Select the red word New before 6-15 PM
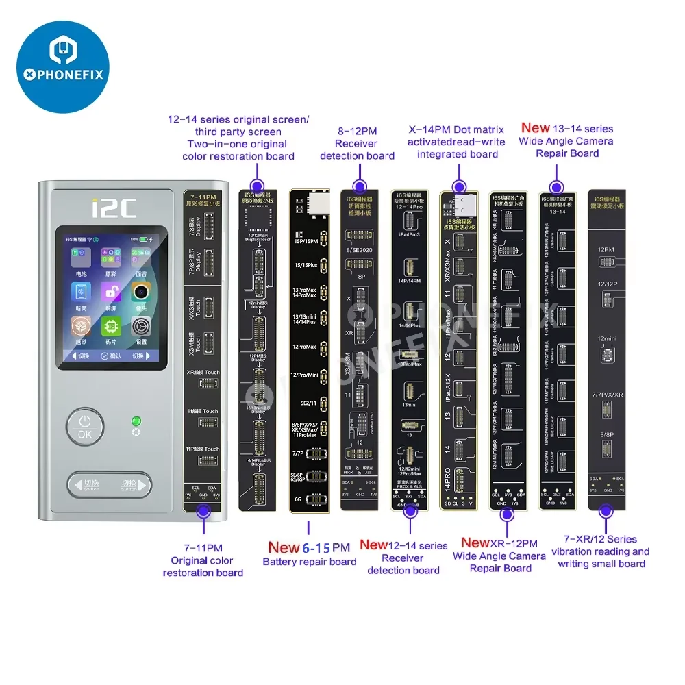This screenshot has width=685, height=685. tap(284, 547)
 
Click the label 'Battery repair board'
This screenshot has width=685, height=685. tap(310, 562)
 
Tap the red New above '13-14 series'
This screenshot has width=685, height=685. tap(536, 127)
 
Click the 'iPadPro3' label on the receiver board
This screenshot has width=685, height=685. tap(409, 235)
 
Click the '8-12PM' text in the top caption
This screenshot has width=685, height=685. tap(356, 130)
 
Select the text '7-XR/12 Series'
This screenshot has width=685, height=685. tap(600, 539)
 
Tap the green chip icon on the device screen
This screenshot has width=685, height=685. tap(110, 326)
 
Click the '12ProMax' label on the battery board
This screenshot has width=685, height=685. tap(304, 346)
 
